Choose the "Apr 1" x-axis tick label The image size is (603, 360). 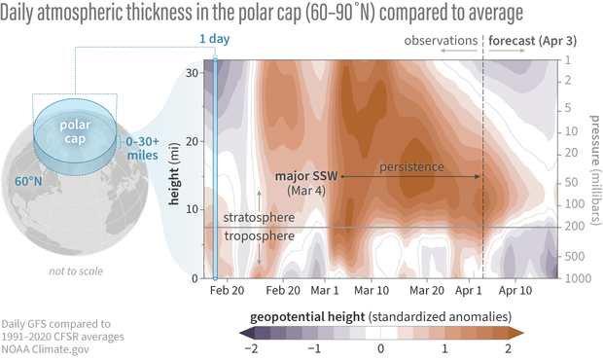pos(470,291)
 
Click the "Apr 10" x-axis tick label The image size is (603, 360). pos(515,291)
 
